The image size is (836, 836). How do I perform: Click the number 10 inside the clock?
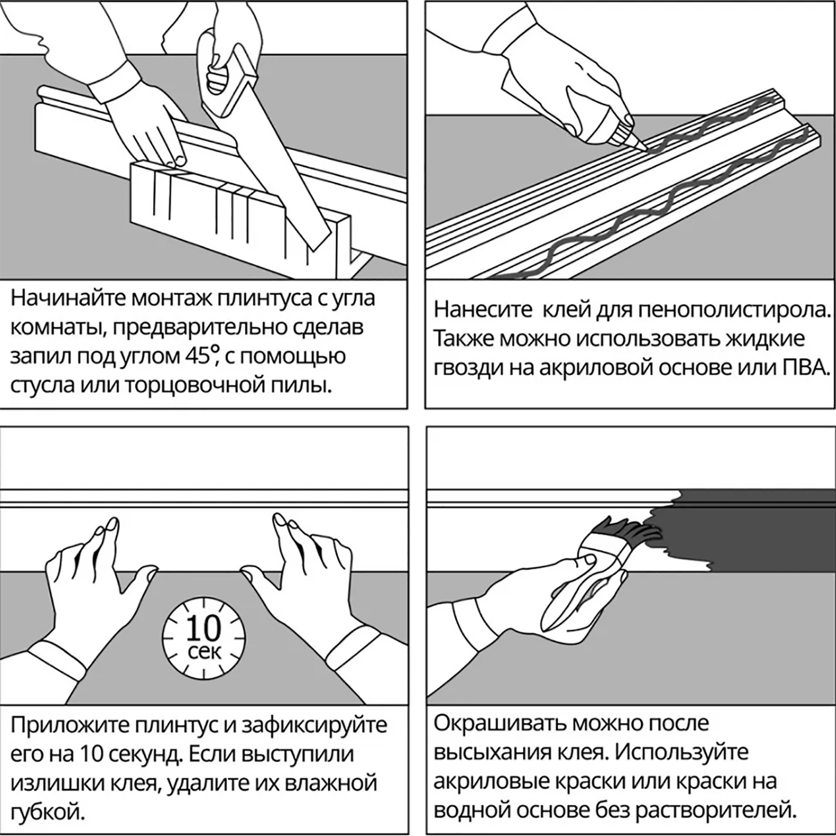pyautogui.click(x=204, y=628)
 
